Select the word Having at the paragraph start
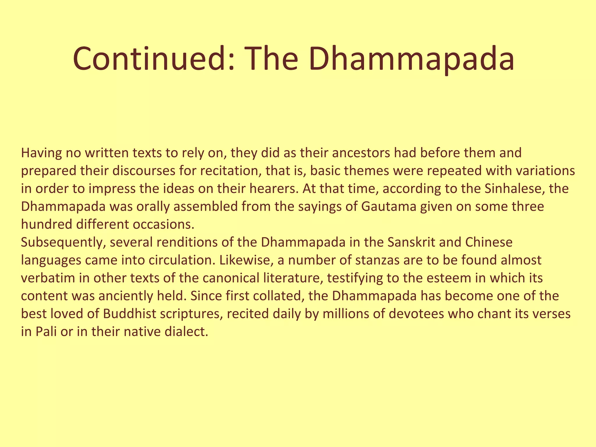click(41, 153)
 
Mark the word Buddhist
click(129, 314)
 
